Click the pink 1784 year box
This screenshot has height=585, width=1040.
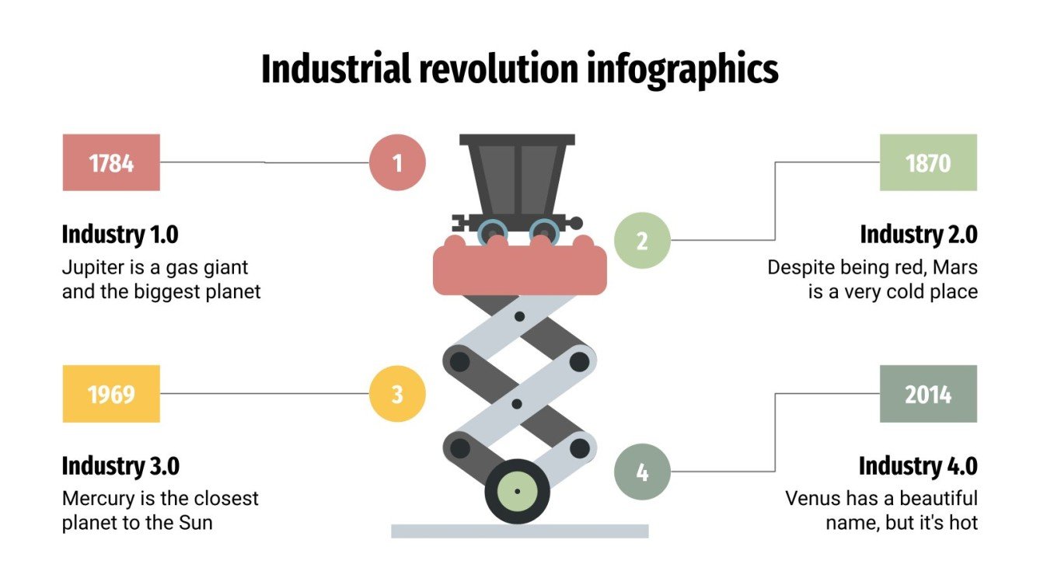111,162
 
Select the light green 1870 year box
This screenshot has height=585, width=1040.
928,162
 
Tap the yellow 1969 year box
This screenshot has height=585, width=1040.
111,394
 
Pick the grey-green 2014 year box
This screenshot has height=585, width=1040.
928,394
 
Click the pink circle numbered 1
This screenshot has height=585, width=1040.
397,162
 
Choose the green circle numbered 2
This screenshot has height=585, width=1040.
642,240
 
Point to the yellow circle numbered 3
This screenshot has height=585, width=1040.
397,394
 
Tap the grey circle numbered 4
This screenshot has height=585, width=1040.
642,472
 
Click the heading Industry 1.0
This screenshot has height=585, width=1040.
120,234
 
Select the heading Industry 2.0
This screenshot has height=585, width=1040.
918,234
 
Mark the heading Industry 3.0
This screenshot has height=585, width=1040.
120,466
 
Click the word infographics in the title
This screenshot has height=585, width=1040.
682,70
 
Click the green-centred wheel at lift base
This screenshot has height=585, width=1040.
517,491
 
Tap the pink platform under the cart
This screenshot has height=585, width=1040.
519,268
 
